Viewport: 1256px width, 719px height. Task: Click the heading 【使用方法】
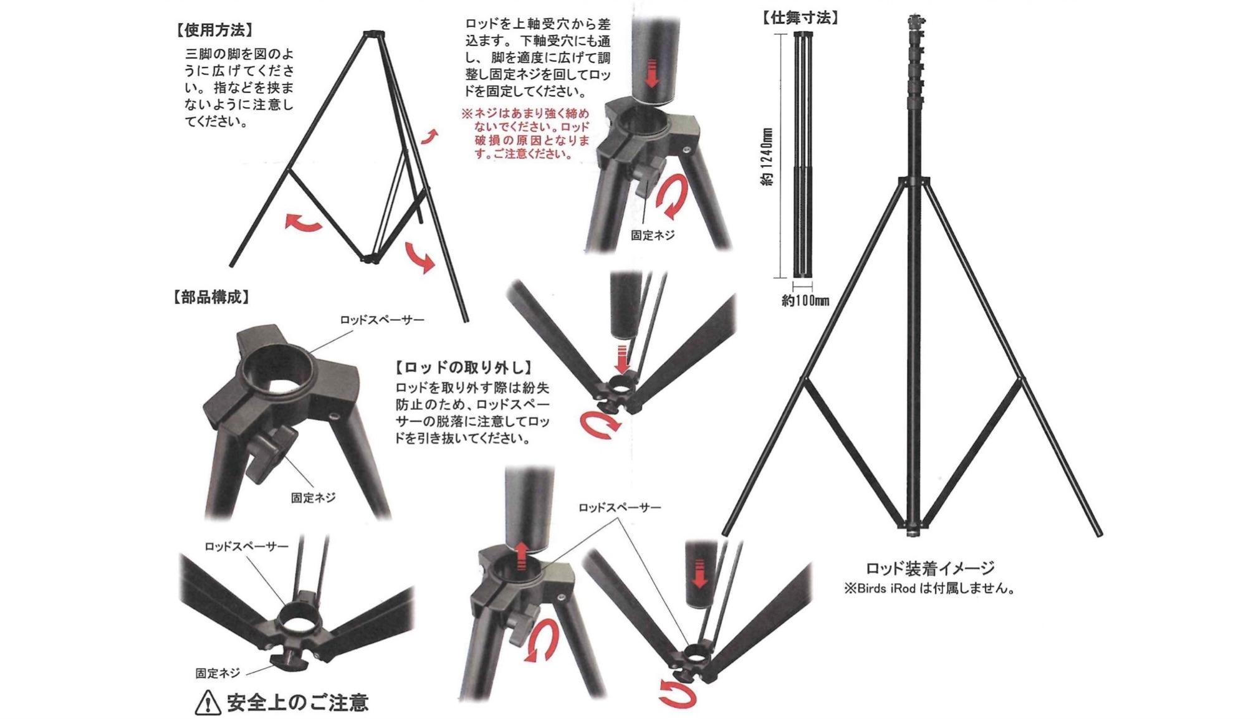coord(214,31)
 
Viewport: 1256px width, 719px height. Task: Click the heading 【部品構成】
coord(211,297)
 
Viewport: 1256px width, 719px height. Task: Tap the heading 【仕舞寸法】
coord(800,17)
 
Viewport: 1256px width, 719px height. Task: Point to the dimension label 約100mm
coord(805,301)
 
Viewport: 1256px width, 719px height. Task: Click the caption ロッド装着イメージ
coord(930,568)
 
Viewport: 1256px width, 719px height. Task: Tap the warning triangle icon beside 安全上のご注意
coord(208,703)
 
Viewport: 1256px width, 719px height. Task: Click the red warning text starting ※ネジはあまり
coord(525,134)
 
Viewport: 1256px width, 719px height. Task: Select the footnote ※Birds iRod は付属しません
coord(929,588)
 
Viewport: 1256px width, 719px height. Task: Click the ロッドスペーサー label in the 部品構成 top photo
coord(381,320)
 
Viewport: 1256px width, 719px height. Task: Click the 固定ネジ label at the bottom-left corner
coord(218,673)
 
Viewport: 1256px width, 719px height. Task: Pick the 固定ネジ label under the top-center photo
coord(652,235)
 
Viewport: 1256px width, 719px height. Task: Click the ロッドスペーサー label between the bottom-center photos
coord(619,507)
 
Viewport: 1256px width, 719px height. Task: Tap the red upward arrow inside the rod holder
coord(522,555)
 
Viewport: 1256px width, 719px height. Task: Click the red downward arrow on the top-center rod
coord(652,72)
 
